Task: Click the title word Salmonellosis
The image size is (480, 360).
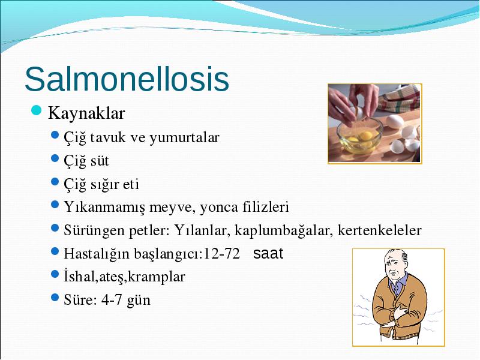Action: [127, 79]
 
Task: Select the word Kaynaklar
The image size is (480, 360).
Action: [86, 113]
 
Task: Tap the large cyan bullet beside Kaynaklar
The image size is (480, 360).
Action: [36, 110]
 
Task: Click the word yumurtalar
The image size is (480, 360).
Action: [184, 138]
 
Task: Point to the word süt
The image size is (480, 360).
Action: [99, 161]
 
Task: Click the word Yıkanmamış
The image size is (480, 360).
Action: [104, 208]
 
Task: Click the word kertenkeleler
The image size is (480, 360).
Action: [380, 230]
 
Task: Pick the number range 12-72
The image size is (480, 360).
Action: [221, 253]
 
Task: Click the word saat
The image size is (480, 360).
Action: [268, 253]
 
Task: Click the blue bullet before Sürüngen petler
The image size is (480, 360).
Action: [55, 228]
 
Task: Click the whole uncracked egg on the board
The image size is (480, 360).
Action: [395, 121]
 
